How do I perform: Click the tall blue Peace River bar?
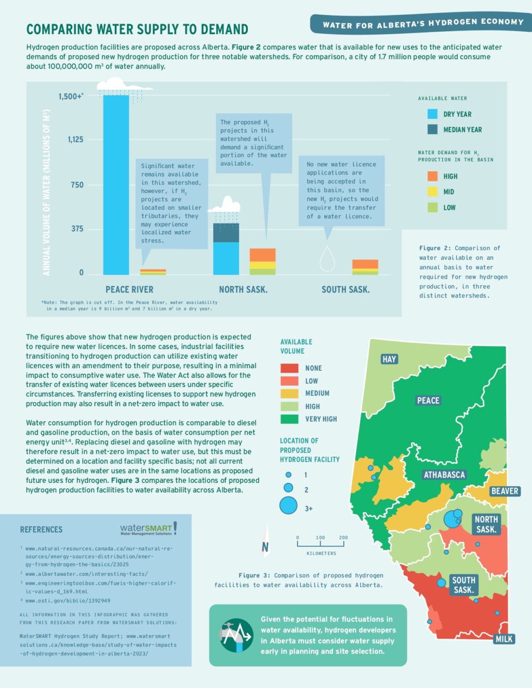pos(116,184)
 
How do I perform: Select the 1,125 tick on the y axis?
pos(75,139)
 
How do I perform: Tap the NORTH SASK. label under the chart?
pos(243,289)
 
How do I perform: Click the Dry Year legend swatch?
pos(432,114)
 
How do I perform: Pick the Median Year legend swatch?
pos(432,129)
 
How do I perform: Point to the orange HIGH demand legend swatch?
pos(432,176)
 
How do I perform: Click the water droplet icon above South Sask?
pos(327,259)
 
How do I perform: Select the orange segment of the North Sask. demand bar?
pos(262,255)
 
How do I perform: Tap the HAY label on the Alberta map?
pos(389,359)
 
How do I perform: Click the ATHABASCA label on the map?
pos(444,475)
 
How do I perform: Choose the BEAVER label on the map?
pos(504,491)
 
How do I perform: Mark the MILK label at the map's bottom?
pos(503,639)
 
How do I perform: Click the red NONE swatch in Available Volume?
pos(289,368)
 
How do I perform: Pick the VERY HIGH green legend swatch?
pos(289,419)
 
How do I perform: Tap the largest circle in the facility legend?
pos(288,505)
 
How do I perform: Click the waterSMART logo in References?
pos(148,529)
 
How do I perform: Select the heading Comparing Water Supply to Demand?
pos(137,29)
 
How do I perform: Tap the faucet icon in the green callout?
pos(235,635)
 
